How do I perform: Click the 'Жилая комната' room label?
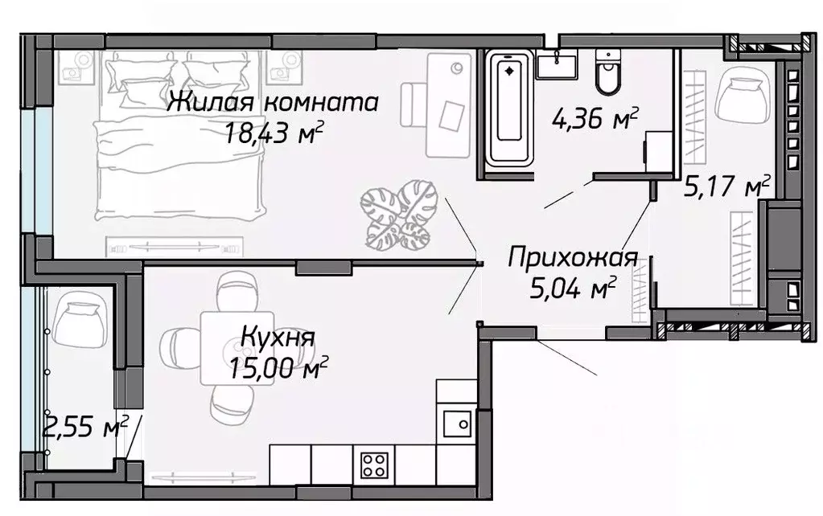274,103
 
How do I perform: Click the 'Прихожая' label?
573,258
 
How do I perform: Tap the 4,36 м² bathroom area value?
595,121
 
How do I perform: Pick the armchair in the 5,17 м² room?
742,94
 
